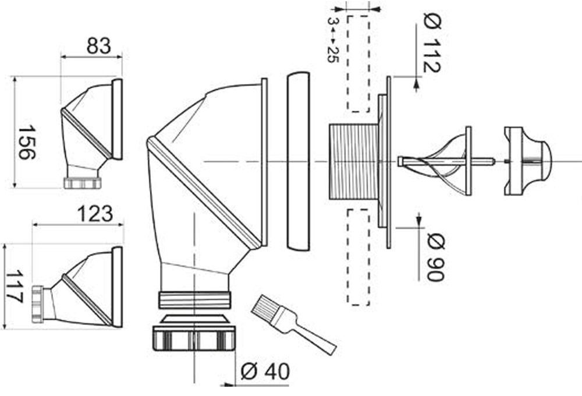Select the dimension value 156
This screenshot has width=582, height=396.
click(27, 142)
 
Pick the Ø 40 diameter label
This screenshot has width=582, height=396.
click(265, 372)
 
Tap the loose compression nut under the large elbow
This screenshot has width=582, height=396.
click(194, 338)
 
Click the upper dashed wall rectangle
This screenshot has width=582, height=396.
click(358, 64)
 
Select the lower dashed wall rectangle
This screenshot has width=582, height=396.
click(358, 256)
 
